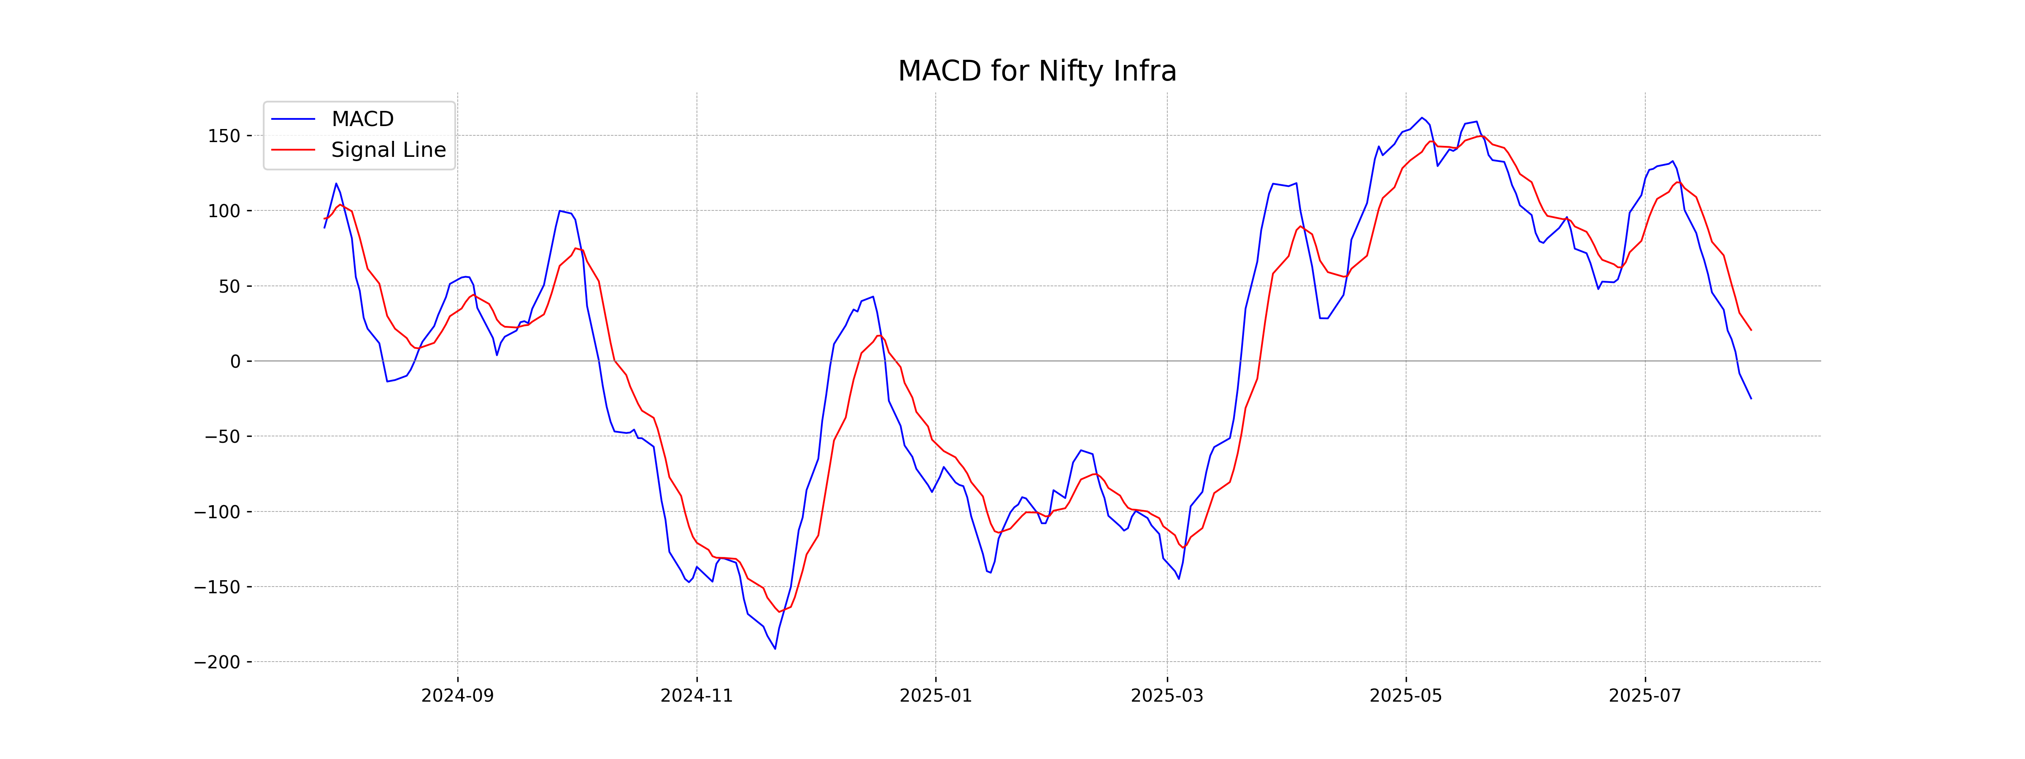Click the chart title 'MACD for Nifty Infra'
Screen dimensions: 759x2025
click(1037, 72)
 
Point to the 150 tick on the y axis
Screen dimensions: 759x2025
click(224, 136)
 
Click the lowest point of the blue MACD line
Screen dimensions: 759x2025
click(775, 648)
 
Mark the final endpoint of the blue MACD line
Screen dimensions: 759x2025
click(1751, 398)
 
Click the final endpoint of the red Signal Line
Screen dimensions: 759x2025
click(1751, 330)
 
